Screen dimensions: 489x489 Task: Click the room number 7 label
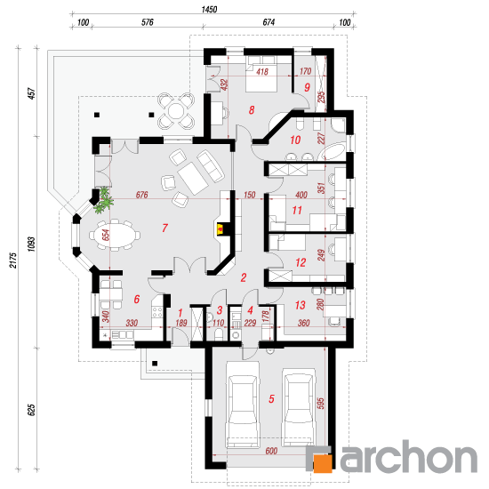point(164,228)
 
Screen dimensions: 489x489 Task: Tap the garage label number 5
point(272,398)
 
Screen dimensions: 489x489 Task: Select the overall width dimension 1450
point(209,10)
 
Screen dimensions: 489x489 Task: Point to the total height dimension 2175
point(12,261)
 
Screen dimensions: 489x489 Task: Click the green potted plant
point(104,200)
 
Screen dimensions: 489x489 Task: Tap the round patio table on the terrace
point(176,111)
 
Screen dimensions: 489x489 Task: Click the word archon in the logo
point(410,456)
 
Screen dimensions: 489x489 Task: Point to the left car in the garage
point(243,405)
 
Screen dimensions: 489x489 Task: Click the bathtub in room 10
point(333,151)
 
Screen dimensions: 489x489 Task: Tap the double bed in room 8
point(261,74)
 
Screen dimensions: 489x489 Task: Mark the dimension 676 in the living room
point(142,195)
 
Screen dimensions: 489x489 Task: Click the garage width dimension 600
point(271,451)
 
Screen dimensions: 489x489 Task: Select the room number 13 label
point(300,305)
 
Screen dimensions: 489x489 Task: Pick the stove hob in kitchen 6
point(157,312)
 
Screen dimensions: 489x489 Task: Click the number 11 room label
point(297,210)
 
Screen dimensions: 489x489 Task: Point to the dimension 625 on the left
point(31,410)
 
